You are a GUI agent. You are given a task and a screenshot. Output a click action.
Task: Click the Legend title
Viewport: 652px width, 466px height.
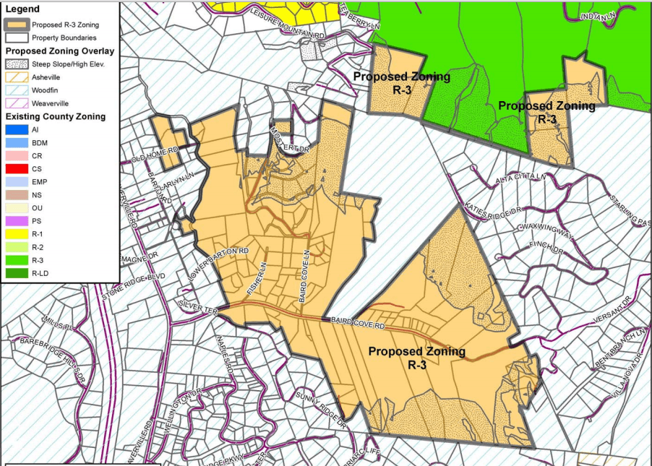(23, 9)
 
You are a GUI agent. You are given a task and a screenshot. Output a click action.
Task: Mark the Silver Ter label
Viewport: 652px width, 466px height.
(197, 306)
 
